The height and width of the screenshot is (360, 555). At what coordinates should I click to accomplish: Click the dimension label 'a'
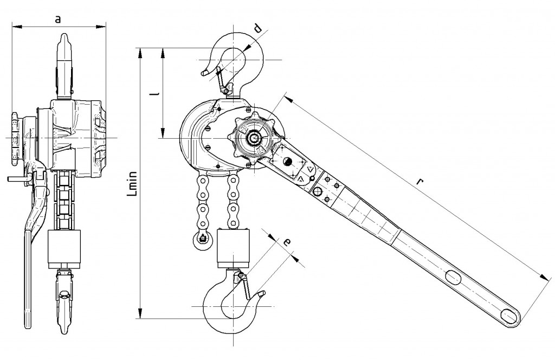coord(58,19)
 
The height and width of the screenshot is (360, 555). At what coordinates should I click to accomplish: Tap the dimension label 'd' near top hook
coord(258,28)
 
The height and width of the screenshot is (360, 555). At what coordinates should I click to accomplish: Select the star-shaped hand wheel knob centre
coord(254,138)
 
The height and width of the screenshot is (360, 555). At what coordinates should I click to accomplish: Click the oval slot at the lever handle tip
coord(510,315)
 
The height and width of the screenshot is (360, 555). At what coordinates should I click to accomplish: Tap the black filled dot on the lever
coord(287,161)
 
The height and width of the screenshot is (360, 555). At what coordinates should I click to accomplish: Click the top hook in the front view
coord(66,65)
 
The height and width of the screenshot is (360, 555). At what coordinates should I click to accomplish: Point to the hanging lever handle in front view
coord(28,255)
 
